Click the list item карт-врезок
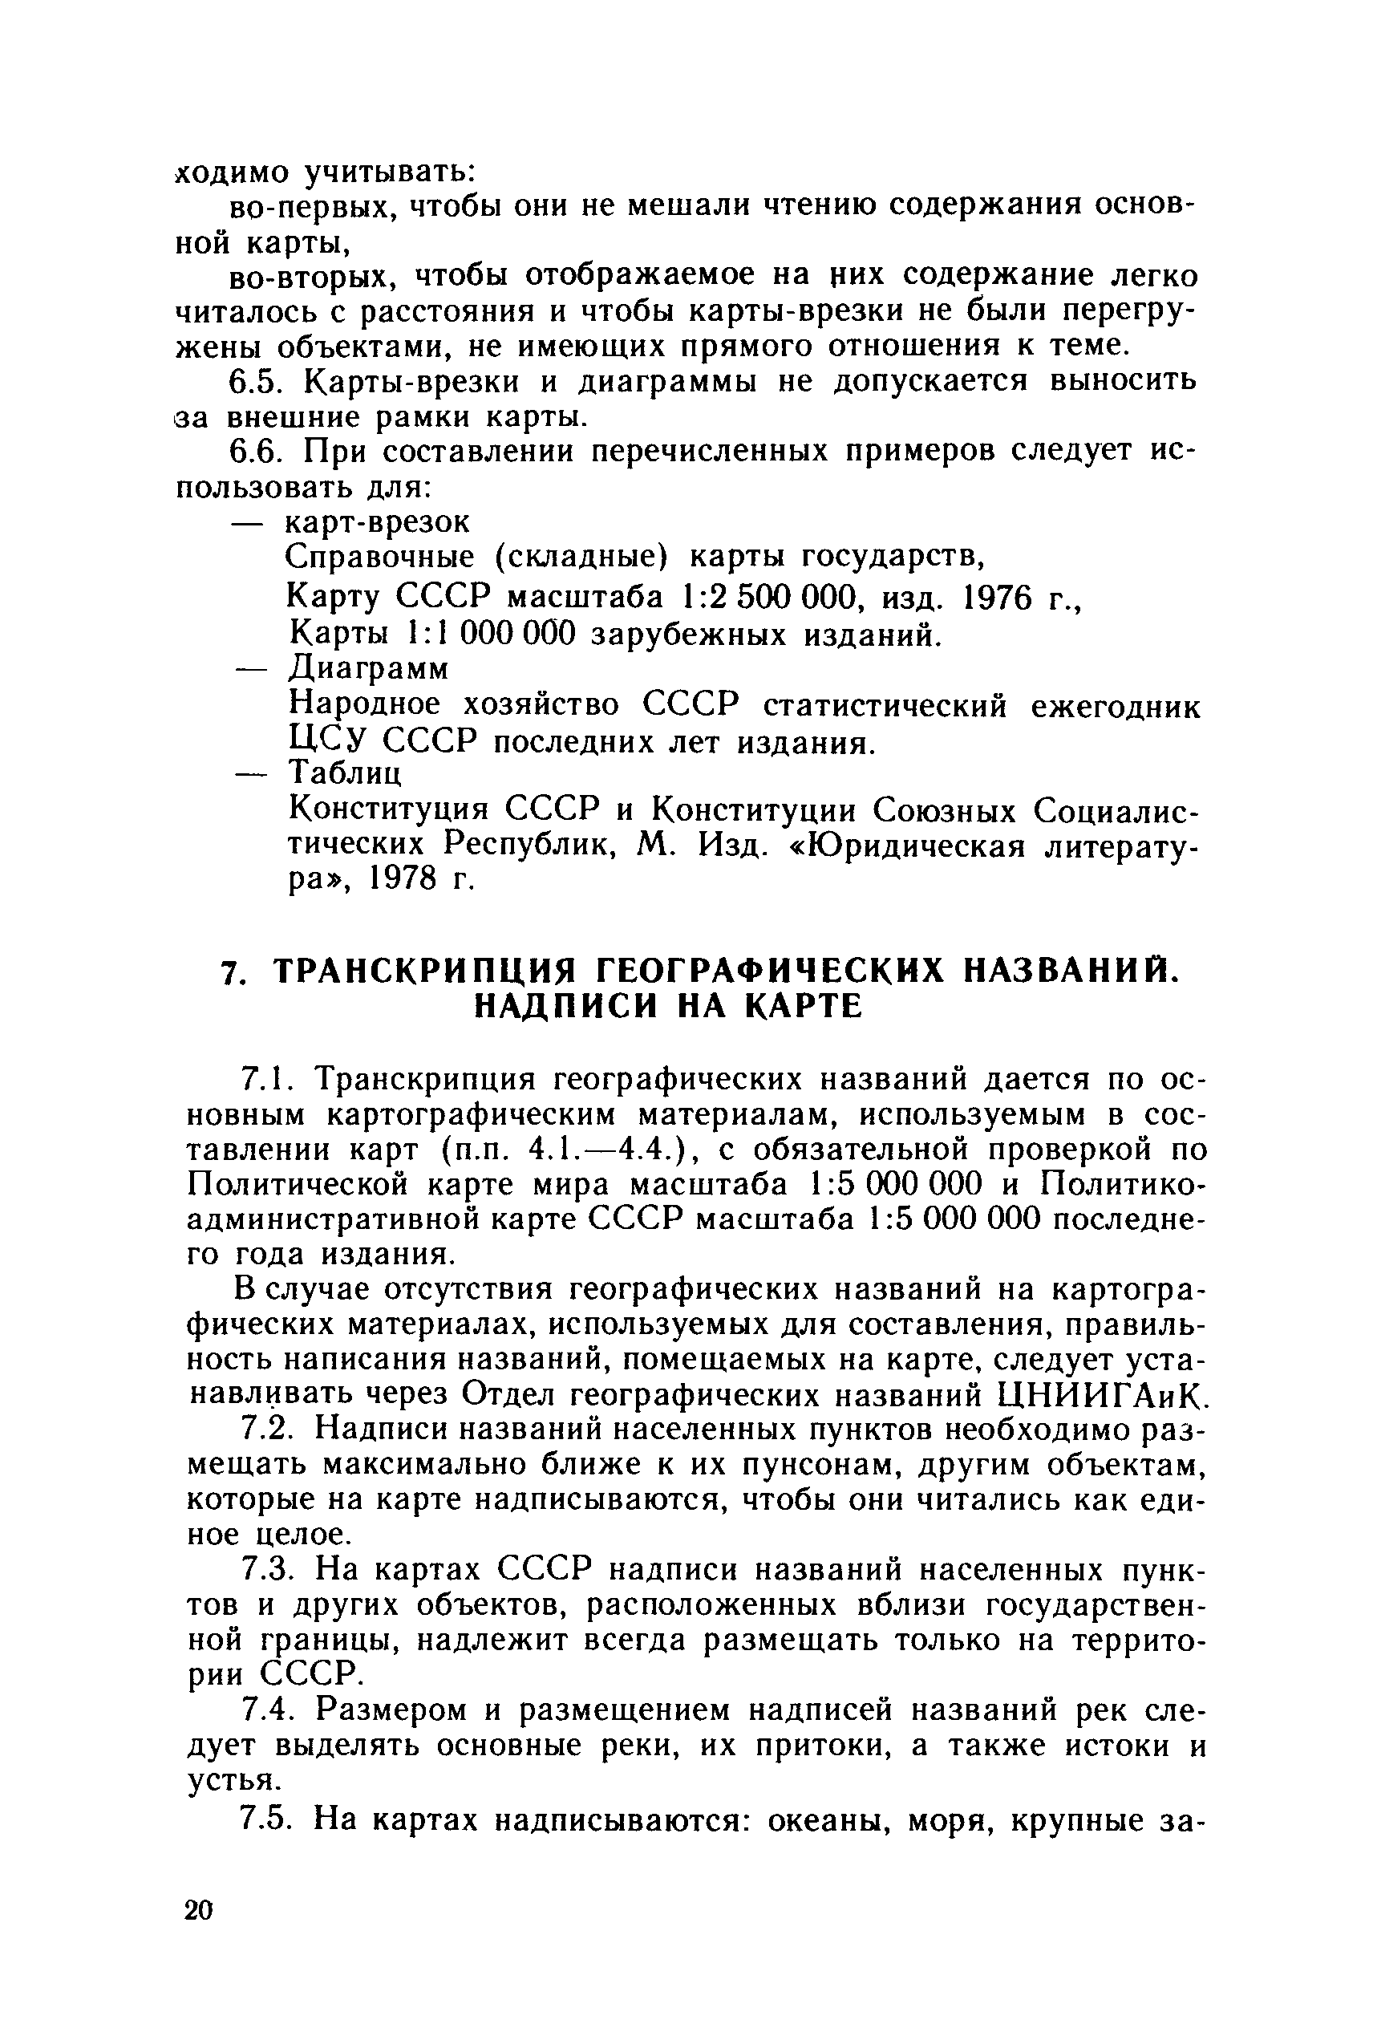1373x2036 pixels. tap(379, 522)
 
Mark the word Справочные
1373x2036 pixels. tap(380, 557)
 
